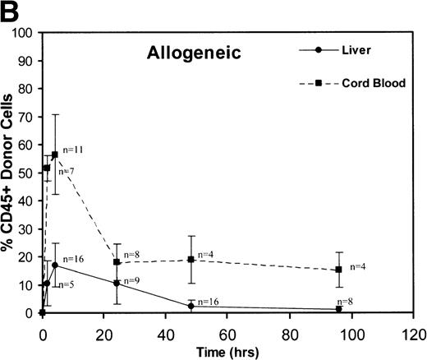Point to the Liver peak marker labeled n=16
[x=55, y=265]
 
